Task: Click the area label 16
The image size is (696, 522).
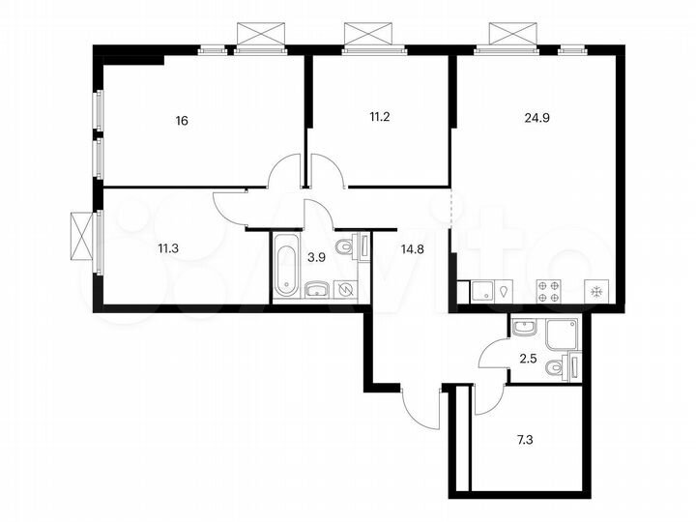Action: coord(182,121)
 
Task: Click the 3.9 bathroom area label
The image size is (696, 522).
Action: coord(315,258)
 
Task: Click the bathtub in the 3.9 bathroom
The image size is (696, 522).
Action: coord(285,265)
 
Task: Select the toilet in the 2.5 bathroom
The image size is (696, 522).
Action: coord(558,367)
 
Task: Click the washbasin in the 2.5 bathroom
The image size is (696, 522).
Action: coord(525,328)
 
